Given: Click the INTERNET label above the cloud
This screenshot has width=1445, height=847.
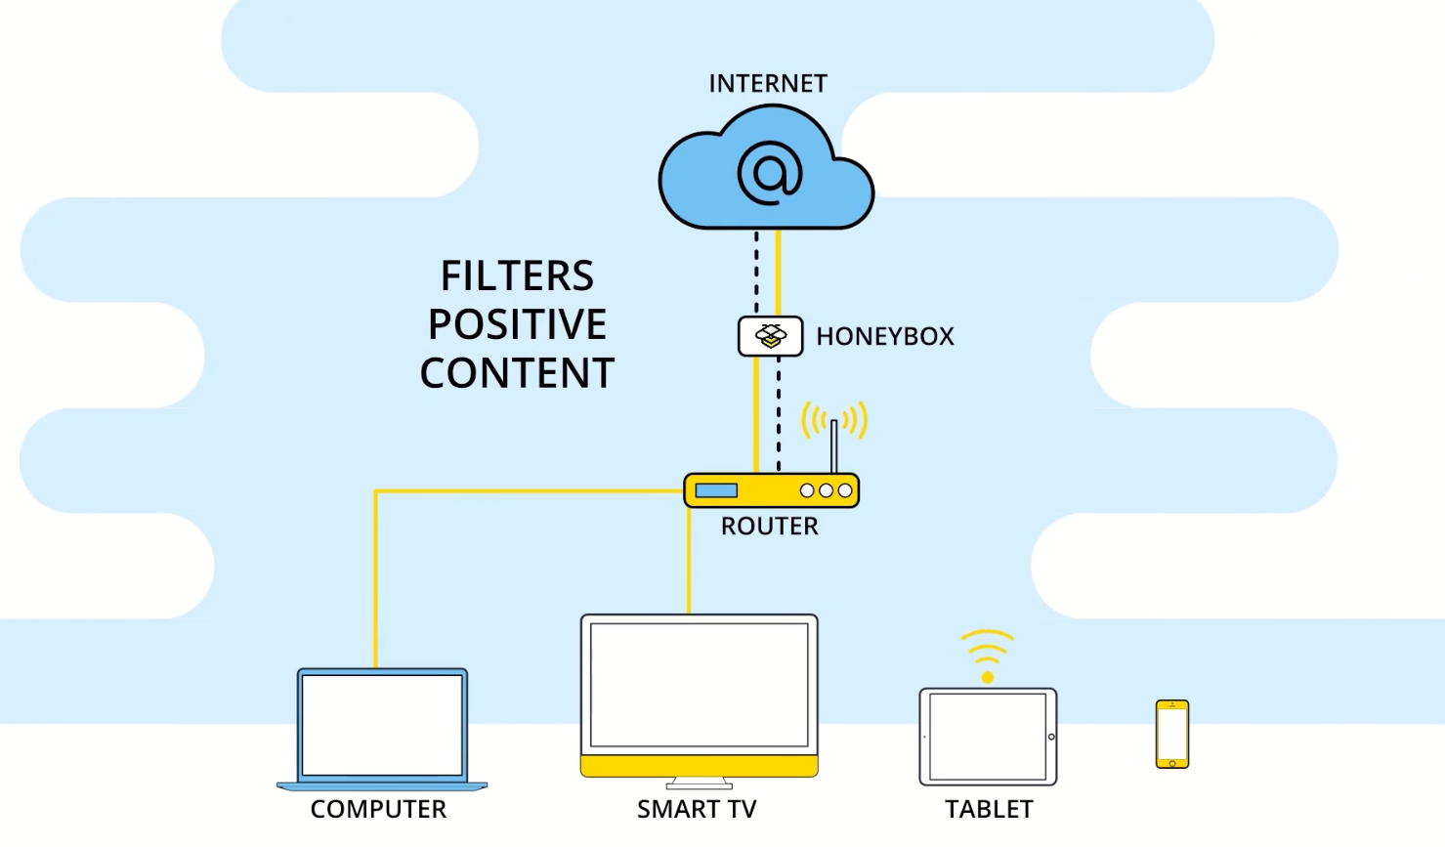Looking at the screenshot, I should [768, 84].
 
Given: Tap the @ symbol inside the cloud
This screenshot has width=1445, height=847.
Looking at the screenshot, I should [770, 173].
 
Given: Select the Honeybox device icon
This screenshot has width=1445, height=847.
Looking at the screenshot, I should [770, 336].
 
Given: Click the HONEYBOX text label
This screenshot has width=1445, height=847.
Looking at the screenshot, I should [885, 336].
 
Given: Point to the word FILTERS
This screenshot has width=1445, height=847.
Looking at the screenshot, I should [517, 276].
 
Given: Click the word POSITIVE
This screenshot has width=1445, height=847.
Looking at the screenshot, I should [517, 325].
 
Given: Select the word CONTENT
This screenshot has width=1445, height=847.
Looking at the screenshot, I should [517, 374].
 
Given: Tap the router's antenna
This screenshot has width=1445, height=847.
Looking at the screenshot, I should [833, 445].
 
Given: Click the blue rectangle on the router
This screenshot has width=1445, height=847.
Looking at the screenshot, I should [716, 490].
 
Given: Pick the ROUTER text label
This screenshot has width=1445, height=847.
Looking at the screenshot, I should [770, 527].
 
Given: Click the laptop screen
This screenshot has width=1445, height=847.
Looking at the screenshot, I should [382, 724].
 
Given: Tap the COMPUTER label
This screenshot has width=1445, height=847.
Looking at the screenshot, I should [378, 809].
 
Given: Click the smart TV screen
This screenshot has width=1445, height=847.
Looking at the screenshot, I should [699, 685].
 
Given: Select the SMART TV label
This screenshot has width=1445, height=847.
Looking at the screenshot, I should [697, 809].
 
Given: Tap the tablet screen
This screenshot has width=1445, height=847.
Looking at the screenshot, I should [987, 737].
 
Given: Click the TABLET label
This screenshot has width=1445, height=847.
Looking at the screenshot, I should [989, 809].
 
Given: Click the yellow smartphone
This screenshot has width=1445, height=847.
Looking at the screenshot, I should [1172, 734].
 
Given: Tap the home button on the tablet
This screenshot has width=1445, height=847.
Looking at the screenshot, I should [1051, 737].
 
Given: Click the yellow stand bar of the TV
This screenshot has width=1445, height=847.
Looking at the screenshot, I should [699, 766].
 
